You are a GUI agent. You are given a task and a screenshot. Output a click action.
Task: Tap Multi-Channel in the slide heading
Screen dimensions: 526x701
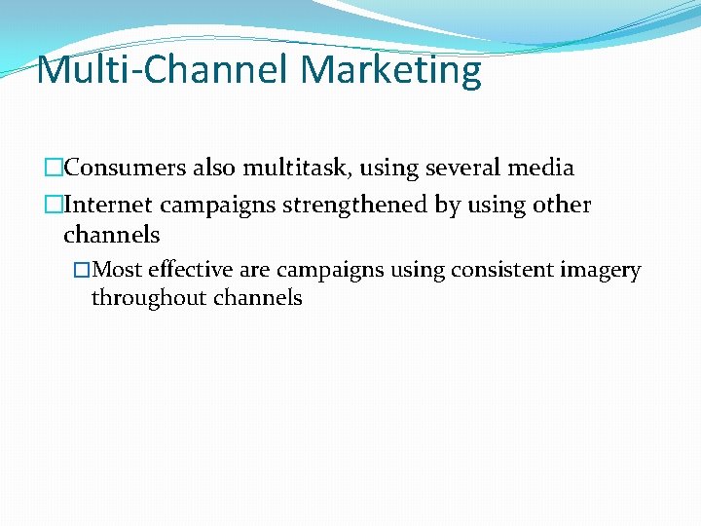click(164, 70)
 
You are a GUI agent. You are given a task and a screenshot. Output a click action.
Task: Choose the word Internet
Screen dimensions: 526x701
click(108, 206)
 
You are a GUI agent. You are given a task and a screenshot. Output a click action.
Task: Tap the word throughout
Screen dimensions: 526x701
click(141, 298)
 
